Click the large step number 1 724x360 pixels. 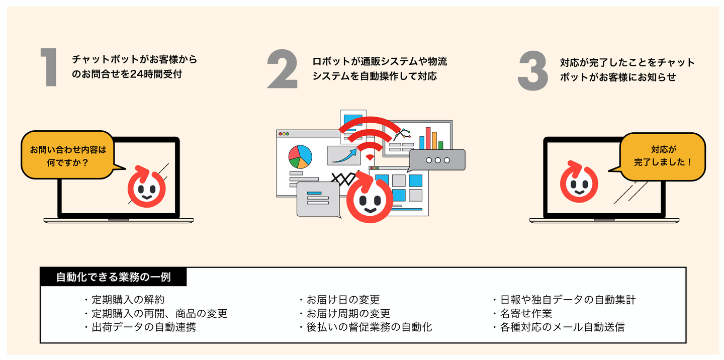coord(50,69)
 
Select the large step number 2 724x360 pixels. coord(282,69)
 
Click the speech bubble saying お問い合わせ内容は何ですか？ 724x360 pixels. coord(68,156)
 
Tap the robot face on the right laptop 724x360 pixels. coord(579,182)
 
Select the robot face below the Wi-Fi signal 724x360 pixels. coord(370,197)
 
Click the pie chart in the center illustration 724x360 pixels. coord(300,156)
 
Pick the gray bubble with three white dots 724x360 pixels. coord(437,160)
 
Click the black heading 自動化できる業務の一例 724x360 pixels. coord(114,277)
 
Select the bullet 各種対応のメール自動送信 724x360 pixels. coord(562,327)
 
